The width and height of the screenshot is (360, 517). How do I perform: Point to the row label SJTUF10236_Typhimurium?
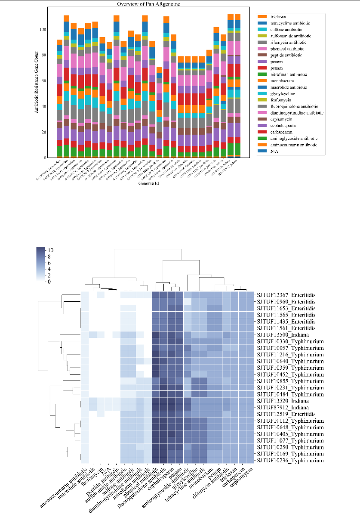pyautogui.click(x=289, y=461)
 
